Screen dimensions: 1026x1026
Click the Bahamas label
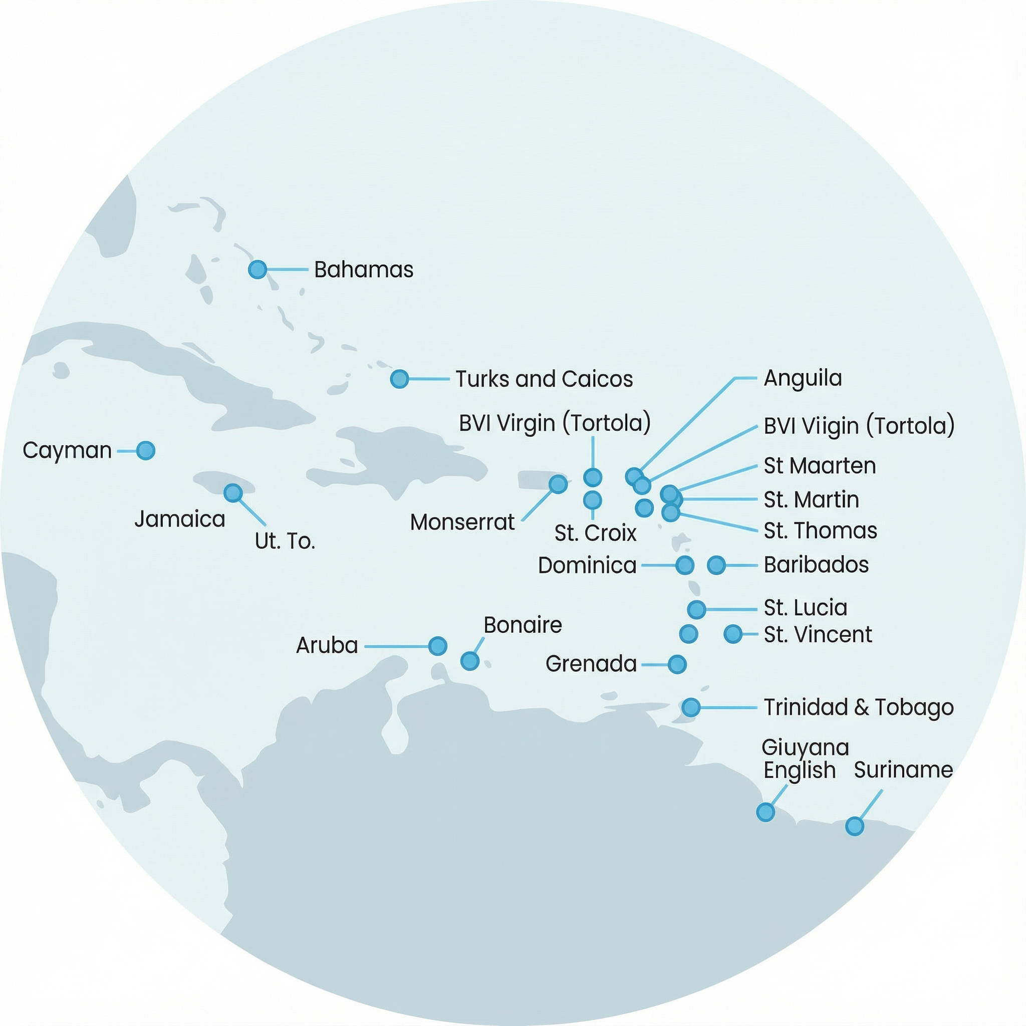(363, 270)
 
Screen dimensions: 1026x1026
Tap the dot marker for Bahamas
(258, 269)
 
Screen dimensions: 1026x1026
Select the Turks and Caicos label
(545, 379)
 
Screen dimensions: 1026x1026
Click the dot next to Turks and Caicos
(399, 379)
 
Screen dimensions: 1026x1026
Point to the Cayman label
(67, 451)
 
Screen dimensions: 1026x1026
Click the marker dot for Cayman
(145, 450)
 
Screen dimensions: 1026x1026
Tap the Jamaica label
(179, 519)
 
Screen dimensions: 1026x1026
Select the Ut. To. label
(285, 541)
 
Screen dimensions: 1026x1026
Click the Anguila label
(803, 378)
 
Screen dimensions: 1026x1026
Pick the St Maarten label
(820, 466)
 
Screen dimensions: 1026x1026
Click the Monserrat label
(462, 522)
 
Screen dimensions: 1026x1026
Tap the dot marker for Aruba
(437, 646)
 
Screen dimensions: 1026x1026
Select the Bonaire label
(523, 625)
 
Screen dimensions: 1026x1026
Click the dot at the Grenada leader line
(677, 664)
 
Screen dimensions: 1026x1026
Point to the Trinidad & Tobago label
(858, 707)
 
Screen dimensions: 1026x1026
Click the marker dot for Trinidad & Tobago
(691, 707)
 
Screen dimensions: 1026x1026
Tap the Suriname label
(903, 770)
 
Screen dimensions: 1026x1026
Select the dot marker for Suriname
(855, 826)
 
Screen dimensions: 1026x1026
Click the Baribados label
(816, 565)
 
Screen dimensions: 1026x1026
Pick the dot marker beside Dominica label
(685, 565)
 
